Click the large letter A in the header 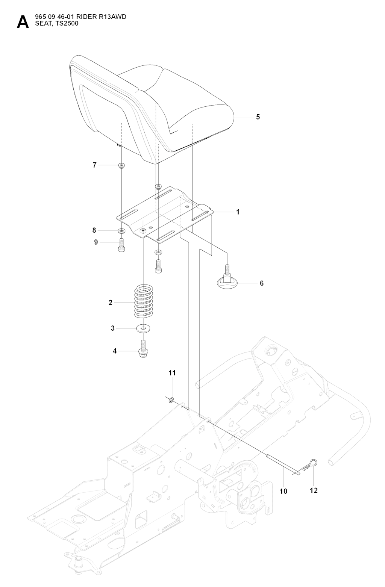tap(23, 22)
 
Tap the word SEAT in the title tap(41, 23)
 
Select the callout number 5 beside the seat tap(258, 117)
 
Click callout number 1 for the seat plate tap(238, 212)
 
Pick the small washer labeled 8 tap(121, 230)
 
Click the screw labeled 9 tap(121, 243)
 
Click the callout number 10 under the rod tap(283, 491)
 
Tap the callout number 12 tap(314, 490)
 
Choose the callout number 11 tap(172, 373)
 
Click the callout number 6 tap(262, 283)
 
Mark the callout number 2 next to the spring tap(111, 303)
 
